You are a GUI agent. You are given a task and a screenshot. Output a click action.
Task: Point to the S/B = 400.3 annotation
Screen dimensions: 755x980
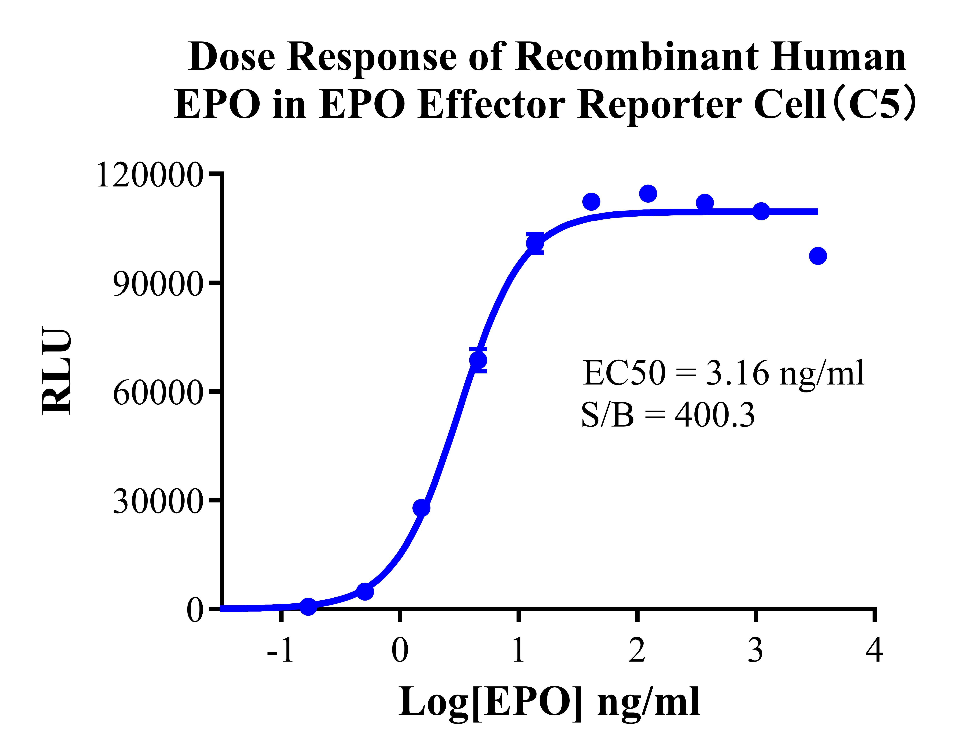click(668, 415)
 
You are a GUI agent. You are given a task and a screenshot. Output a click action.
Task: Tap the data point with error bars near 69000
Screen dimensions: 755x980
click(478, 360)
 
